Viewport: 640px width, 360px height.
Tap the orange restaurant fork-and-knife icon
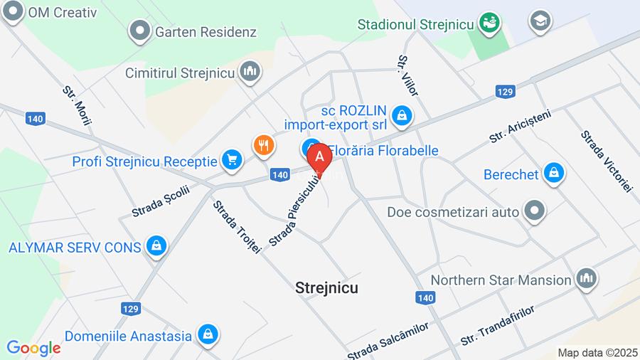(263, 145)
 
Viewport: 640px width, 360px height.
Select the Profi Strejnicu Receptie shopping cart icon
(231, 161)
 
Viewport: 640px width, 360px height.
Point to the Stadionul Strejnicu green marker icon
(489, 23)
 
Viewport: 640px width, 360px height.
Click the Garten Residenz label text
(206, 32)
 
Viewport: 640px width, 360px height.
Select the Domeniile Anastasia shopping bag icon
(208, 334)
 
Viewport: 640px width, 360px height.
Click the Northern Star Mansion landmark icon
(586, 279)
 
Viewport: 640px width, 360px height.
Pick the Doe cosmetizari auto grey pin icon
(533, 211)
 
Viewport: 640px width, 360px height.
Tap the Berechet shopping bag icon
(553, 172)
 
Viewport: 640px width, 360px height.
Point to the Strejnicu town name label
(326, 287)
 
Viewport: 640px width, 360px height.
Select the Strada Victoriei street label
(605, 161)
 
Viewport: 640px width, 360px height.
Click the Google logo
(33, 349)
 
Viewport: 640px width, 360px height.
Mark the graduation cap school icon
(540, 21)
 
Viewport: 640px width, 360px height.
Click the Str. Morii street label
(78, 106)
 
